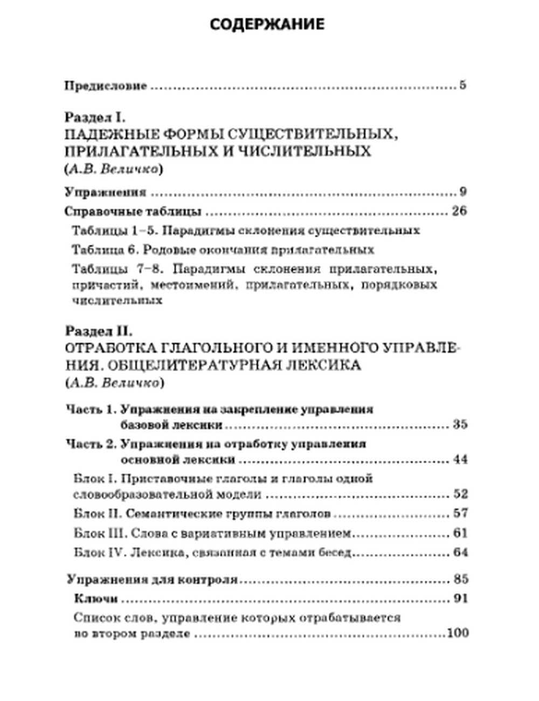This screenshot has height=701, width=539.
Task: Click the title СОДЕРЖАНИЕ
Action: (267, 24)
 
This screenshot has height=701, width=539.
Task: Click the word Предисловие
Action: (106, 86)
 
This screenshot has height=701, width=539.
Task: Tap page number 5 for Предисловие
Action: (462, 85)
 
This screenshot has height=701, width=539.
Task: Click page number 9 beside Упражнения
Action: (462, 192)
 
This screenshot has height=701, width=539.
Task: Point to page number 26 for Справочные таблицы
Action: (459, 210)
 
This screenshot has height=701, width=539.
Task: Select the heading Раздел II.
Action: (98, 330)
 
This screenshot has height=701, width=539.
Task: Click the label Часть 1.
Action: (91, 409)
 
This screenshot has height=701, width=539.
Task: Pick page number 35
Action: (459, 425)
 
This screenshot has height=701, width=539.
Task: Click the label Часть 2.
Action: (91, 444)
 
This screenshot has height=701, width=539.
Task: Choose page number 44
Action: (459, 460)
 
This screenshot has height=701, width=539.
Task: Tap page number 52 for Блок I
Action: (459, 494)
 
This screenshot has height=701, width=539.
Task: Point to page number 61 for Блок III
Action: (459, 533)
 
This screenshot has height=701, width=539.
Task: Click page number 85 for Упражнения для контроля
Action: (459, 580)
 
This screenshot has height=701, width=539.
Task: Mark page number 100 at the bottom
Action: (457, 633)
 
